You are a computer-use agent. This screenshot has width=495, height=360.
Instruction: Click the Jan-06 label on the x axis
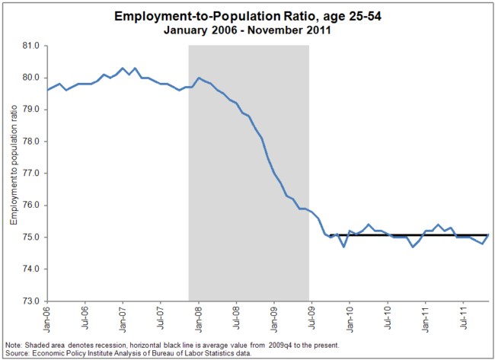[x=47, y=317]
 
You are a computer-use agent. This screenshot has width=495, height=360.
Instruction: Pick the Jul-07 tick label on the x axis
[x=161, y=317]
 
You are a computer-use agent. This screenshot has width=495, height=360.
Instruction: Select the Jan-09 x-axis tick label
[x=274, y=317]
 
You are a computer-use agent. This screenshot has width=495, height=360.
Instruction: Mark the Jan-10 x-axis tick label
[x=350, y=317]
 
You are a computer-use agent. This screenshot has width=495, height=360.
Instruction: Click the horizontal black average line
[x=404, y=236]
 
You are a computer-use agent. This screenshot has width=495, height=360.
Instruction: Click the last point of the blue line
[x=488, y=234]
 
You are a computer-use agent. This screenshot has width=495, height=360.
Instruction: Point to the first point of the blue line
[x=47, y=90]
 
